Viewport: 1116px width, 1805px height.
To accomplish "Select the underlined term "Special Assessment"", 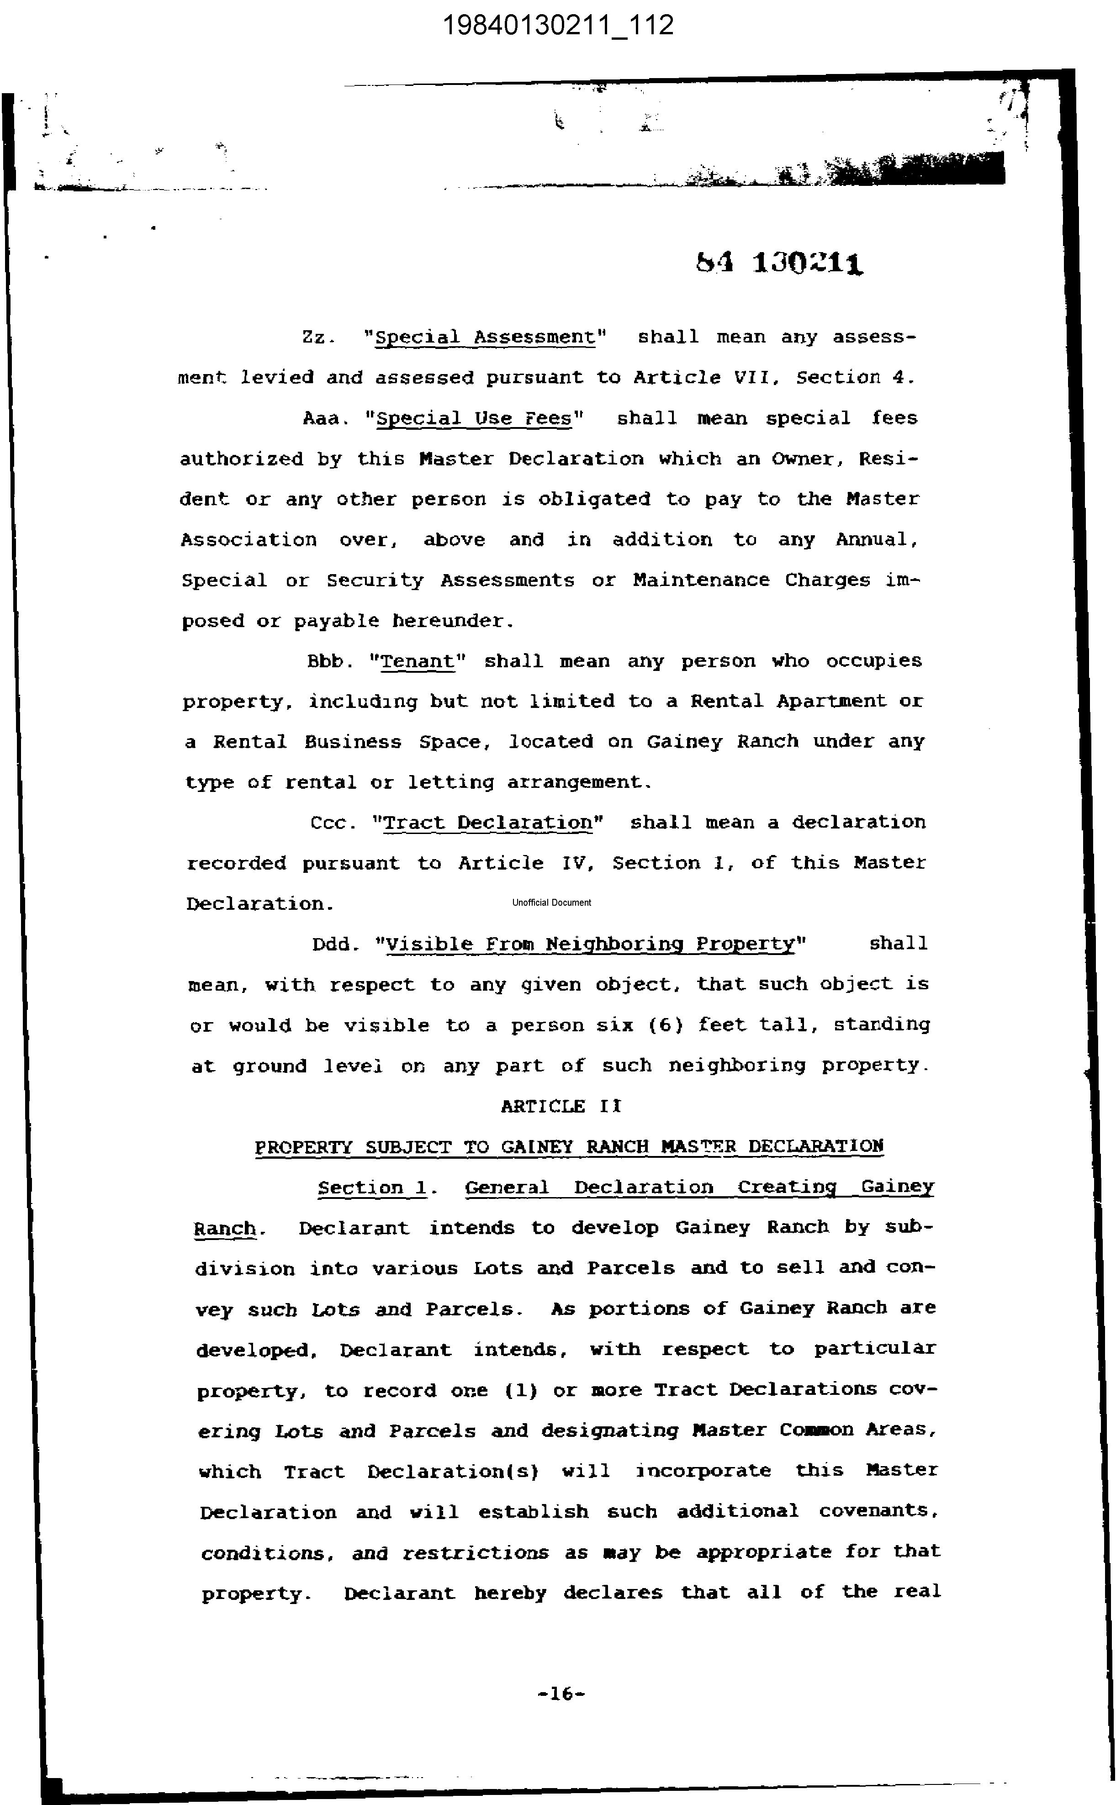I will point(485,337).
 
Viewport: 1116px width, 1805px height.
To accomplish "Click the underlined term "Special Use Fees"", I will point(473,418).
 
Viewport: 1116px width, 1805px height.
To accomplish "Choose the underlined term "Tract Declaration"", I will point(488,823).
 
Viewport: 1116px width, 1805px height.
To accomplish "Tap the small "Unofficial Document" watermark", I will point(551,902).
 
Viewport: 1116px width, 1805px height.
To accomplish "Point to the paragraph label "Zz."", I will point(318,337).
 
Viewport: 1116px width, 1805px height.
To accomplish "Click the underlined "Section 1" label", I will point(373,1187).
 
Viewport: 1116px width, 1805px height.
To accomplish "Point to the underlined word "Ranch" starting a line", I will point(224,1229).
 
